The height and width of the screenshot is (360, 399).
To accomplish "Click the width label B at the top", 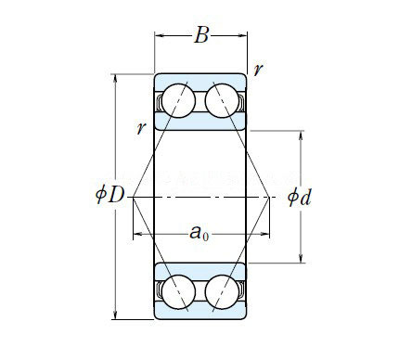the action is point(201,35).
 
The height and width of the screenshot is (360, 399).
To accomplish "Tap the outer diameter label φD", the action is point(109,195).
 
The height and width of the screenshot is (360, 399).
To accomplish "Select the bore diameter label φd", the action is point(299,197).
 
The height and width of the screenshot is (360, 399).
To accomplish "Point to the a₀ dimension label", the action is point(199,233).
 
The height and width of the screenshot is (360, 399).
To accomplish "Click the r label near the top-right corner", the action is point(258,70).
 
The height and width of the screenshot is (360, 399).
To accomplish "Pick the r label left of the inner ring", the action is point(141,127).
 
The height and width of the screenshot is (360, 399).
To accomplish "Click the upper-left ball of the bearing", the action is point(178,100).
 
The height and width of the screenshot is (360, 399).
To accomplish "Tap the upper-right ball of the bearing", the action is point(222,100).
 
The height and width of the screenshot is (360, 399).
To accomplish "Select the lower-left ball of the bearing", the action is point(178,291).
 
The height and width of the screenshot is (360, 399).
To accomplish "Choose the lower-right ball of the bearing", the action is point(222,291).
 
